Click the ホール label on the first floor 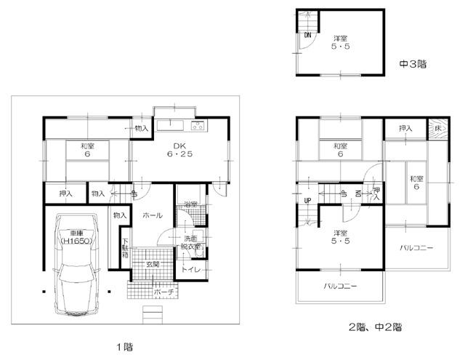(153, 216)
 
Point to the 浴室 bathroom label (190, 204)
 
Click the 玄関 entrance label (153, 263)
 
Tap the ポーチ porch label (163, 292)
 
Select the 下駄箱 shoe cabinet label (125, 249)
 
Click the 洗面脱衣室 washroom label (191, 243)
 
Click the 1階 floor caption (124, 347)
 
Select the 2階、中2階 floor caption (373, 327)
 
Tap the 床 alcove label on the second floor (437, 128)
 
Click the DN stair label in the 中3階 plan (308, 34)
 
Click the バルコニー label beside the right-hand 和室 (416, 248)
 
